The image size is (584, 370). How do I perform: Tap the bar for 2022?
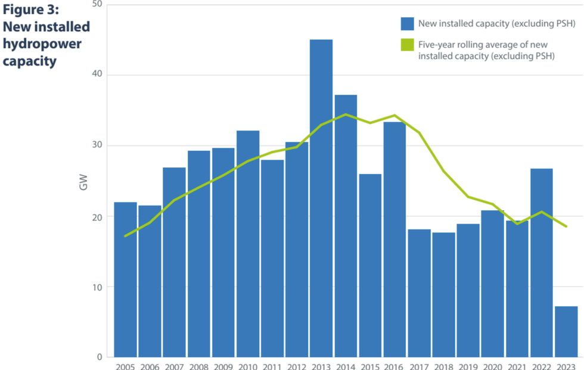tap(542, 263)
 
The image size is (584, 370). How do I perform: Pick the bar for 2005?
tap(125, 279)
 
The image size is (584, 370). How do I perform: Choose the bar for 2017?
tap(419, 293)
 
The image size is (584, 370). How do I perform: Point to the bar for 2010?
tap(248, 244)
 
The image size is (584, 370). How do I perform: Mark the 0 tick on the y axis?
tap(99, 357)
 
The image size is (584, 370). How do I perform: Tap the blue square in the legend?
tap(407, 24)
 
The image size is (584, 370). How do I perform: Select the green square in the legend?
tap(407, 45)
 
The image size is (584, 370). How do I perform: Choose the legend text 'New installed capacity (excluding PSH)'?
tap(496, 24)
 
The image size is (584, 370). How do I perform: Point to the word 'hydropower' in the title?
tap(42, 44)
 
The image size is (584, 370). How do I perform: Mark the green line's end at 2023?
tap(566, 226)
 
